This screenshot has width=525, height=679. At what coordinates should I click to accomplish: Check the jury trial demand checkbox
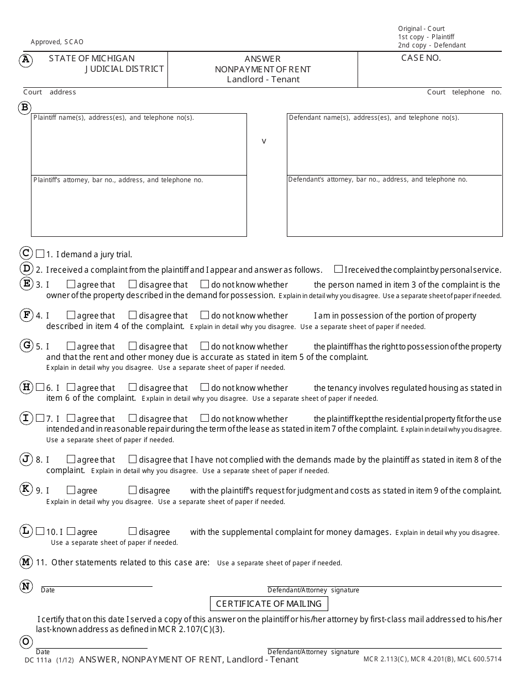pos(40,254)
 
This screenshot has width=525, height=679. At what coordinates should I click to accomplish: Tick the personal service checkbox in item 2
pos(338,269)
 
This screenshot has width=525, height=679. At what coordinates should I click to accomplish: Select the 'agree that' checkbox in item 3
pos(71,285)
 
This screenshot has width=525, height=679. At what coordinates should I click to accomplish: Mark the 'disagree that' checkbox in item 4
pos(133,316)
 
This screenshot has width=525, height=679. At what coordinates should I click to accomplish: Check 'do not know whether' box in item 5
pos(204,347)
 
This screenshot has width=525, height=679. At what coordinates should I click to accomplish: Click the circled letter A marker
pos(25,60)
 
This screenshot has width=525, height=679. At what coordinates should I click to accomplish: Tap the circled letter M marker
pos(25,563)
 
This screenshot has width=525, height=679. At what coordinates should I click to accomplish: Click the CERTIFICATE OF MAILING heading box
pos(269,604)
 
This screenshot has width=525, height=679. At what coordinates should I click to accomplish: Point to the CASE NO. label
pos(421,58)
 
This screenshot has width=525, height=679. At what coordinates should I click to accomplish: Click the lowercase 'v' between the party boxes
pos(264,141)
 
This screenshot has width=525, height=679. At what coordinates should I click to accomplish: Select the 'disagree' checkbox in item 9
pos(133,490)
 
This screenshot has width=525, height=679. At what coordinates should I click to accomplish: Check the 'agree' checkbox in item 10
pos(71,532)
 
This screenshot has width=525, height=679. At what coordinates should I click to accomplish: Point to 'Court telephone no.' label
pos(464,92)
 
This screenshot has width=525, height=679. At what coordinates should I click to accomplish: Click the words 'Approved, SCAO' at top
pos(57,42)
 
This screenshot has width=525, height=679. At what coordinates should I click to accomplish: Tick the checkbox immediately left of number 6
pos(40,388)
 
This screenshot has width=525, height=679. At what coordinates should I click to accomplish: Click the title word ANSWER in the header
pos(262,59)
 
